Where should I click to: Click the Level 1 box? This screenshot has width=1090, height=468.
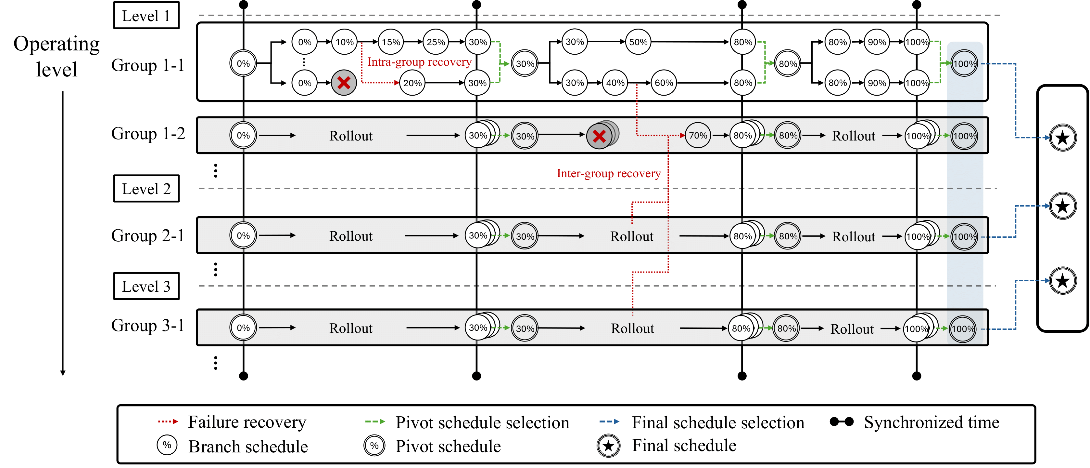coord(146,16)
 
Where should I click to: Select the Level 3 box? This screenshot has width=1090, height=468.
coord(146,286)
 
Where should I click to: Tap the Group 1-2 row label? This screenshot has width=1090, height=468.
coord(148,134)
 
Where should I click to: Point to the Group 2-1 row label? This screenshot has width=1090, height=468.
coord(148,236)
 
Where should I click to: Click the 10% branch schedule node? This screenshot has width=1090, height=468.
coord(344,42)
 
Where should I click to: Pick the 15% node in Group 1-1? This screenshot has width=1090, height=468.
coord(390,42)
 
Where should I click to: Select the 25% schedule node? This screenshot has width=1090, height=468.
coord(436,42)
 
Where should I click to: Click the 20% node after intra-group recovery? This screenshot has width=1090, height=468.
coord(412,83)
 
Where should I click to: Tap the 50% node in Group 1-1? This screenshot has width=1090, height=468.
coord(638,42)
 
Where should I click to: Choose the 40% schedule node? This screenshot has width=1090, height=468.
coord(615,83)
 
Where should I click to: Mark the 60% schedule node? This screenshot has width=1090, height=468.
coord(664,83)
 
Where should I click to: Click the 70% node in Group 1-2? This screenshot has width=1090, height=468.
coord(698,136)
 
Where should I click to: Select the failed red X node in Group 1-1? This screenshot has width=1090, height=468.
coord(344,83)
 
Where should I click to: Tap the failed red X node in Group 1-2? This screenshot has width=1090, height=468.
coord(599,136)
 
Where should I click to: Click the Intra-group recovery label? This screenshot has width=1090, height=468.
coord(419,62)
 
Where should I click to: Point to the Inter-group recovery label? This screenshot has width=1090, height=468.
coord(608,173)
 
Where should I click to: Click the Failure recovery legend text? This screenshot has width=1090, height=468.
coord(247,422)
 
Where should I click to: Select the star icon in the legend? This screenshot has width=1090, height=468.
coord(608,446)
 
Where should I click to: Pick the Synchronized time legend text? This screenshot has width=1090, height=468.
coord(931,422)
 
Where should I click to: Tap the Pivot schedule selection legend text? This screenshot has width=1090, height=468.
coord(482,422)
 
